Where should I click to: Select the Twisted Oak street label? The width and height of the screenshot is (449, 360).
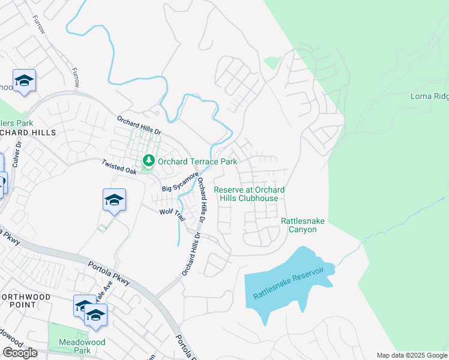(x=120, y=167)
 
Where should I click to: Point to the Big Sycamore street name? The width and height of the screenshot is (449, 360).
(x=180, y=182)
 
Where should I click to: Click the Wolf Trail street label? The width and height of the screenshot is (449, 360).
(x=170, y=212)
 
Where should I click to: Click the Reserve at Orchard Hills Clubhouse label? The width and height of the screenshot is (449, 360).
(x=249, y=194)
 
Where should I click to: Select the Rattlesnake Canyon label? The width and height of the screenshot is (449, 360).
(x=303, y=226)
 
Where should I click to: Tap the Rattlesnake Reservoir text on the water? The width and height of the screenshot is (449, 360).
(x=288, y=284)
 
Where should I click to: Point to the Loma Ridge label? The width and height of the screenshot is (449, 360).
(x=429, y=96)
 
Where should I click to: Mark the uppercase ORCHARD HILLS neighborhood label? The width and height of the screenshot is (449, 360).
(x=28, y=132)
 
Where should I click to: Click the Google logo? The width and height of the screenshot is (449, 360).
(x=20, y=353)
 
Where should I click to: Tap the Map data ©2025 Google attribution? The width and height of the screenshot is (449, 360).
(x=412, y=355)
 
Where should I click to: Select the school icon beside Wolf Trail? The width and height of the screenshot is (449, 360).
(x=114, y=200)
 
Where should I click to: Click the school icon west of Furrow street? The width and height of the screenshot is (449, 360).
(x=24, y=81)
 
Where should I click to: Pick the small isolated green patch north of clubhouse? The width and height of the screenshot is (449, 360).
(x=272, y=62)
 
